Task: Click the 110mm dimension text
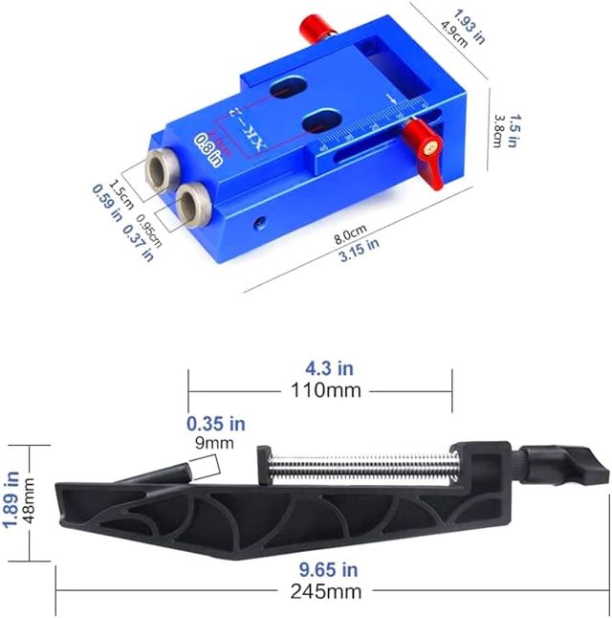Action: point(319,390)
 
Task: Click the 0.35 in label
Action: point(216,423)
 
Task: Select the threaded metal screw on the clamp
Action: point(360,468)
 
